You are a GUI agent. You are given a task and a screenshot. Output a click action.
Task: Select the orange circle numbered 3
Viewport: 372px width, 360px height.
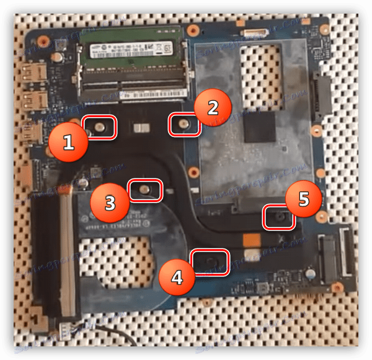[109, 203]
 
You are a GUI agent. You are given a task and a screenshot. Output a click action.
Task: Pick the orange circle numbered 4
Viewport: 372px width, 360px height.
[177, 276]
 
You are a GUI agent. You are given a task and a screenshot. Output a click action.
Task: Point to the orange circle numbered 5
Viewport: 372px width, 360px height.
[303, 200]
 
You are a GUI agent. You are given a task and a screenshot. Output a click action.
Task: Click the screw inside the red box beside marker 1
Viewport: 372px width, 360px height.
[99, 127]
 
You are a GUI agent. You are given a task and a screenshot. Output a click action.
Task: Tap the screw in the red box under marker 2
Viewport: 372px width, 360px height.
[184, 125]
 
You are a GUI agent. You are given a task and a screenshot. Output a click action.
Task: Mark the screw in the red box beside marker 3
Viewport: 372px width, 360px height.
[144, 189]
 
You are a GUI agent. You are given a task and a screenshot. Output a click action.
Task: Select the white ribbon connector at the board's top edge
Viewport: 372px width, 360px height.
[252, 30]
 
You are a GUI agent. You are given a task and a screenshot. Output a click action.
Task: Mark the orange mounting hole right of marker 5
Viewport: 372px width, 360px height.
[321, 217]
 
